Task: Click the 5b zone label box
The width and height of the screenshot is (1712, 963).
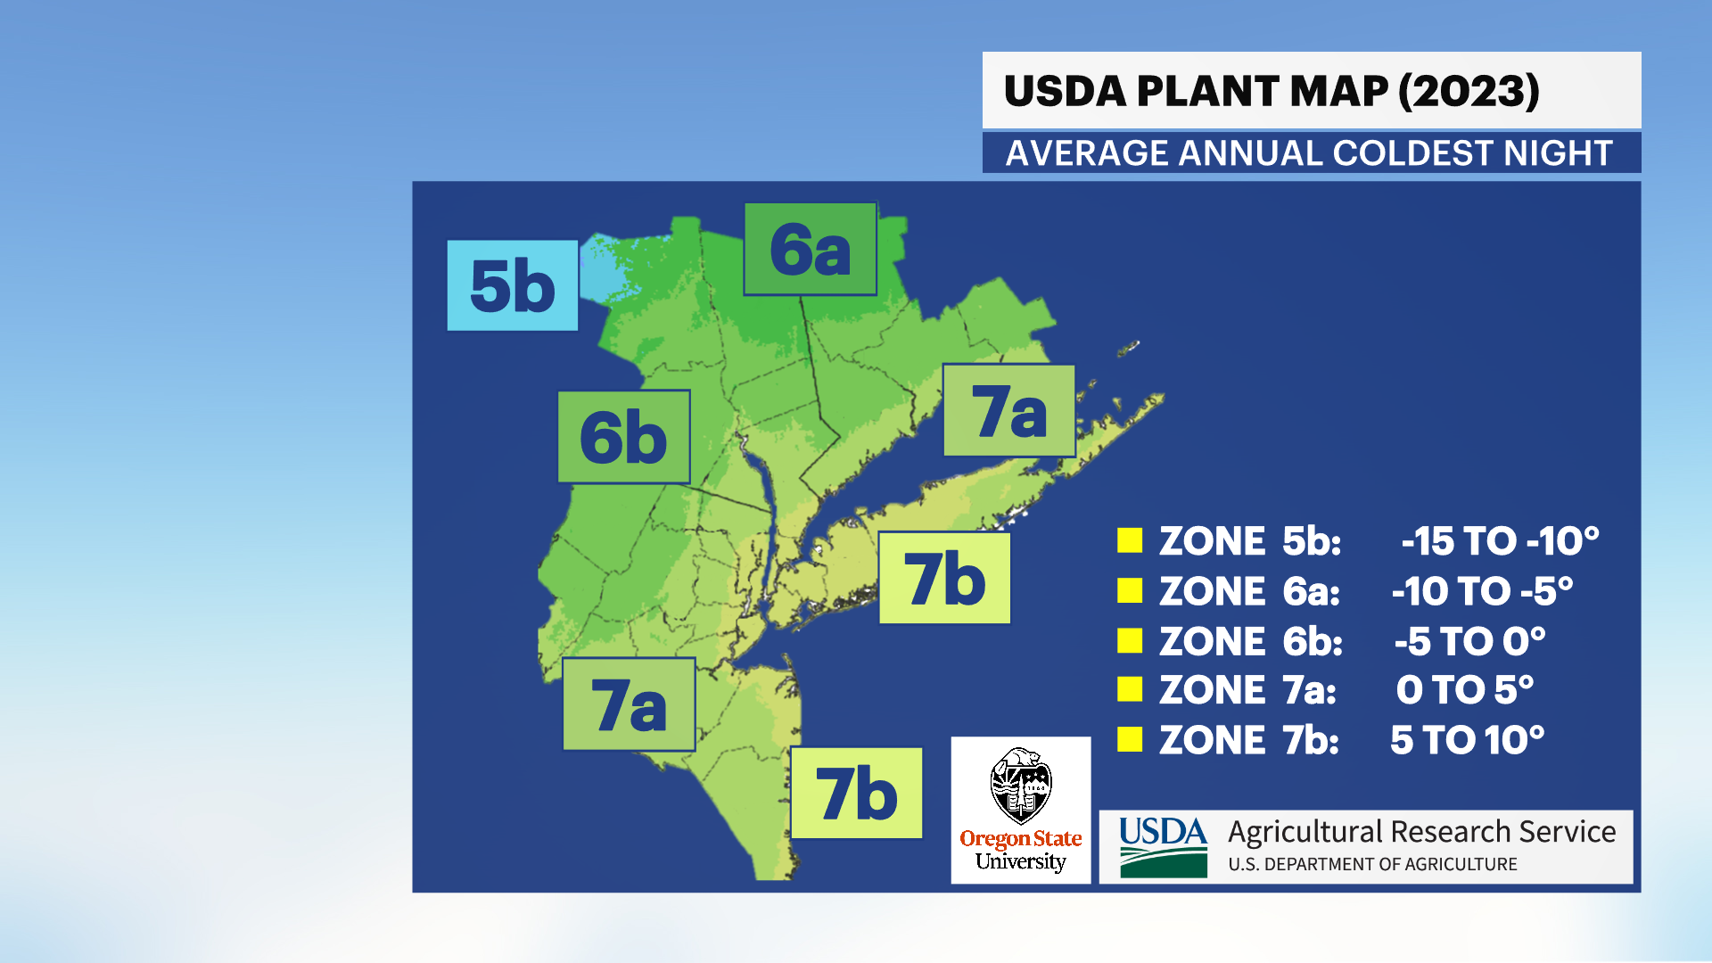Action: click(512, 285)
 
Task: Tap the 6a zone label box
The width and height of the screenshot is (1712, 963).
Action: click(810, 249)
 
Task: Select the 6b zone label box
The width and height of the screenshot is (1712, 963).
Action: click(623, 437)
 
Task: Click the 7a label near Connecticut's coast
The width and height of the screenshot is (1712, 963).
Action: click(1008, 410)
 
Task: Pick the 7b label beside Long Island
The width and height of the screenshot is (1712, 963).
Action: click(944, 578)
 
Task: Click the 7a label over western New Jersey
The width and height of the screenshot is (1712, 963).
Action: click(629, 704)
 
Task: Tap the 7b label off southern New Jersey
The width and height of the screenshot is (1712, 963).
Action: click(856, 793)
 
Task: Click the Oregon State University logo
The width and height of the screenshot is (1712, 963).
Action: click(1020, 811)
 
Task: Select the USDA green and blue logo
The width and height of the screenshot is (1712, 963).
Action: click(1163, 847)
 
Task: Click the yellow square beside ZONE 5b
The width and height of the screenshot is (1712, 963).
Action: click(1130, 540)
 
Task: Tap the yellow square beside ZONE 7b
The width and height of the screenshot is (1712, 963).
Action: click(1130, 739)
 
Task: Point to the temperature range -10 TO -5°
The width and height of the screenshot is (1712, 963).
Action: click(1482, 591)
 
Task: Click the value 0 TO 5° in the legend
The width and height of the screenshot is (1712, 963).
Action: click(1464, 689)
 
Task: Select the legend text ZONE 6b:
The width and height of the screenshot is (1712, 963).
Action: click(1250, 641)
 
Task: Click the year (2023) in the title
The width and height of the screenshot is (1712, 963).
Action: click(1469, 91)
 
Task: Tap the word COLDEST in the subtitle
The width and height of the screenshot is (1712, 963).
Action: click(1412, 153)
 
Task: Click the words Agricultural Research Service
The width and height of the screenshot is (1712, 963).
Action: click(1421, 831)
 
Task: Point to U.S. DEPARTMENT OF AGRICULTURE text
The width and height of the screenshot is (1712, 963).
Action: click(1372, 864)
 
